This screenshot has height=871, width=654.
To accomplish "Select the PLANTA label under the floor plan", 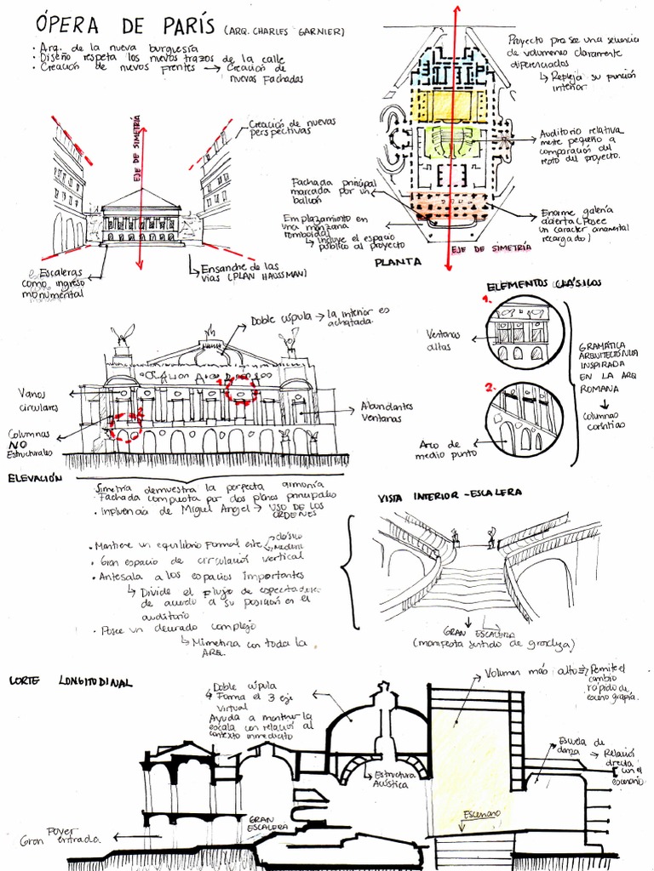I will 398,263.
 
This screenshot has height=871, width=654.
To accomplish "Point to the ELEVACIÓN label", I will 36,479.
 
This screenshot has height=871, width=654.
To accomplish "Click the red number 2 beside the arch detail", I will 490,387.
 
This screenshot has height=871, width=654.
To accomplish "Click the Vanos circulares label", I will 39,400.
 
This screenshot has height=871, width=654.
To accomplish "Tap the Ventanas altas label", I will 443,340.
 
